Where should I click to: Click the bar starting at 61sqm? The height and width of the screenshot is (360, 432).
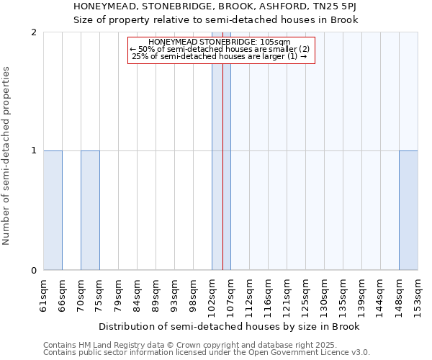coord(53,210)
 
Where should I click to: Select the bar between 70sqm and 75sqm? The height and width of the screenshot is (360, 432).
coord(90,210)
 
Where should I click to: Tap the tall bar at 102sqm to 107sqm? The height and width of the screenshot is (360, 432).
coord(221,151)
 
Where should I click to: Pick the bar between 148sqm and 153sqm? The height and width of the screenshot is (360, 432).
coord(408,210)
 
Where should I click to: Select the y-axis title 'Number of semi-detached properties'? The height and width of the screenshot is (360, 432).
coord(7,156)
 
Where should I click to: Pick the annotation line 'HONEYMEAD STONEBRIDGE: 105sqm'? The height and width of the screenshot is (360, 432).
coord(222,42)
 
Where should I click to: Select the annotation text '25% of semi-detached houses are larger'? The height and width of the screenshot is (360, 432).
coord(222,56)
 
